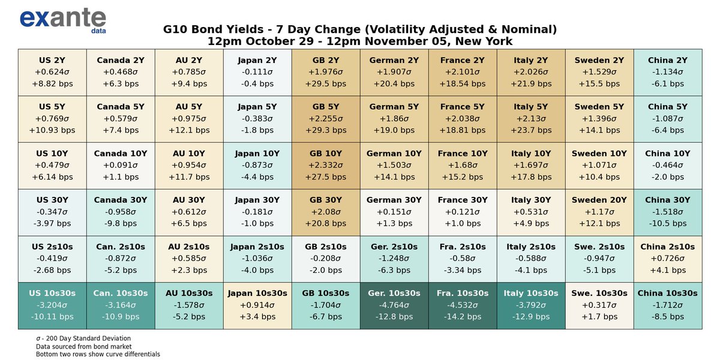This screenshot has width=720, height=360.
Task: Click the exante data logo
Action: pyautogui.click(x=62, y=19)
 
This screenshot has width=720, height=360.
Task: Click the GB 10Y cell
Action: pyautogui.click(x=326, y=165)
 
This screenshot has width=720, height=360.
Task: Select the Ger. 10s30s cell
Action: pyautogui.click(x=394, y=305)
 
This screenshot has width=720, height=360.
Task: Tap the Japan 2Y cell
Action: pyautogui.click(x=257, y=72)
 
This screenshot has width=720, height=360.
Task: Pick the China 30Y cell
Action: pyautogui.click(x=668, y=212)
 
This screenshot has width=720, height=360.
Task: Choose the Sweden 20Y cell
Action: pyautogui.click(x=599, y=212)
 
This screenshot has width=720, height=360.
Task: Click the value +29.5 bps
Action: pyautogui.click(x=326, y=83)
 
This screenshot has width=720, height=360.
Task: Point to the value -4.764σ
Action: pyautogui.click(x=394, y=305)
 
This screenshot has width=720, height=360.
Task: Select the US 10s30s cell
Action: pyautogui.click(x=52, y=305)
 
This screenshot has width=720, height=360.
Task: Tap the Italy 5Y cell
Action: pyautogui.click(x=531, y=119)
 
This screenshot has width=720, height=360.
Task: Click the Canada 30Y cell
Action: pyautogui.click(x=121, y=212)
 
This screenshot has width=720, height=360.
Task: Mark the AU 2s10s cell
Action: pyautogui.click(x=189, y=259)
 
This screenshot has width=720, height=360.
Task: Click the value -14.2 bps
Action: pyautogui.click(x=463, y=316)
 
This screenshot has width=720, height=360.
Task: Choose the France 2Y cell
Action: pyautogui.click(x=463, y=72)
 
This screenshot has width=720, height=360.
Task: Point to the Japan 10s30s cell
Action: pyautogui.click(x=257, y=305)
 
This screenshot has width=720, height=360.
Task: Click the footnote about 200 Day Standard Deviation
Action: pyautogui.click(x=83, y=338)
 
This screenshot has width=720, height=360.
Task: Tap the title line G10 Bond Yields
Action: pyautogui.click(x=360, y=29)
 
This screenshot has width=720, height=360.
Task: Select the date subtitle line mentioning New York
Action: pyautogui.click(x=360, y=41)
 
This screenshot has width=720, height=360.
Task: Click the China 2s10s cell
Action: pyautogui.click(x=668, y=259)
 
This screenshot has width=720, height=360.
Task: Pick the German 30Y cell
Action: pyautogui.click(x=394, y=212)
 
